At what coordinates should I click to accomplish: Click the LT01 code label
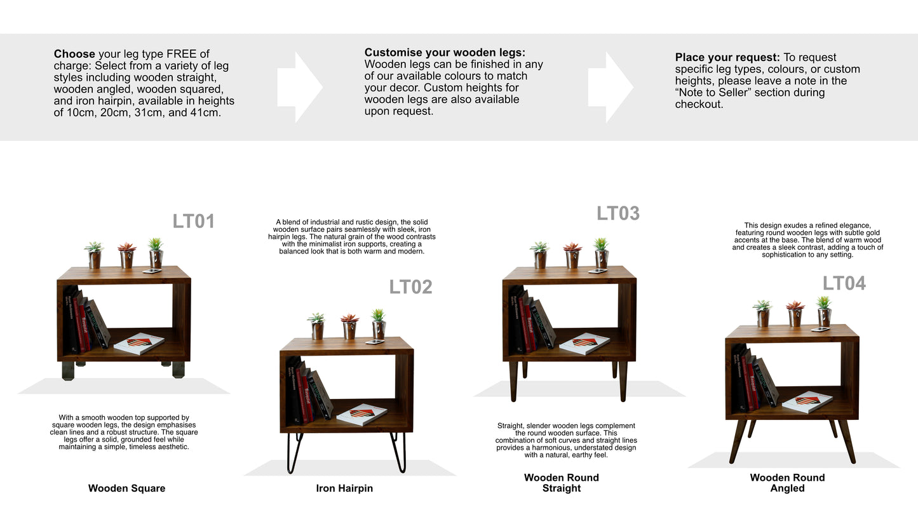pos(194,222)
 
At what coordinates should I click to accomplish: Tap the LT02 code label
pos(410,287)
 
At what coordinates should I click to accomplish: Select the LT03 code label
pos(618,213)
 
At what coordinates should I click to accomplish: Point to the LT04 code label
pos(844,283)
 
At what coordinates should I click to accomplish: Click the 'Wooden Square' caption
pos(126,488)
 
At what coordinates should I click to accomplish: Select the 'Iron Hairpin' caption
pos(344,488)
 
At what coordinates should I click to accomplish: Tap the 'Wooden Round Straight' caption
pos(561,483)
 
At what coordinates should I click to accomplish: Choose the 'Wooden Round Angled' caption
pos(787,483)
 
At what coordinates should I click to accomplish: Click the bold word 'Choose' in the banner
pos(74,54)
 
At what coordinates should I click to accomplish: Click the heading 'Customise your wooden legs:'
pos(445,53)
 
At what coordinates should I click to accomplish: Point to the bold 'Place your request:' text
pos(727,58)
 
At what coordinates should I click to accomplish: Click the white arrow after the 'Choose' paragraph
pos(300,87)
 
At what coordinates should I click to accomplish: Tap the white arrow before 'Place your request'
pos(611,87)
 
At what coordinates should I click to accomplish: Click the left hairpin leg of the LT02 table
pos(294,452)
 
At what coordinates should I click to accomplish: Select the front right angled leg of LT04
pos(847,441)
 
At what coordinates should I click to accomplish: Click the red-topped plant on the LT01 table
pos(127,255)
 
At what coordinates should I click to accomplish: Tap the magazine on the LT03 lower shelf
pos(584,344)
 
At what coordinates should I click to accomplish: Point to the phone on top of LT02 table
pos(374,342)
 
